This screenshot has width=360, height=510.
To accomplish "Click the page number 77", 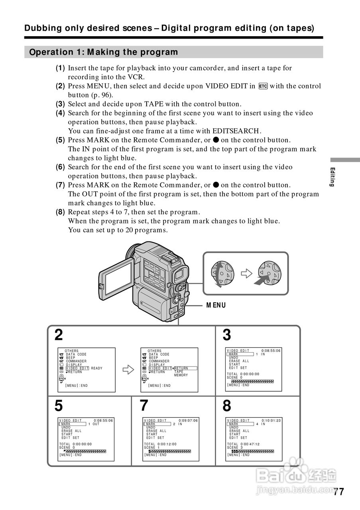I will (338, 492).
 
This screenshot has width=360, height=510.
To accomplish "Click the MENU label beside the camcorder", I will (216, 305).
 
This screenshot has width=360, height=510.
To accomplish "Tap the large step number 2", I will (59, 335).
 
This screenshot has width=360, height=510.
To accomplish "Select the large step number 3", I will (226, 335).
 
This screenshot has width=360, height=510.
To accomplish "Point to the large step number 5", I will (59, 406).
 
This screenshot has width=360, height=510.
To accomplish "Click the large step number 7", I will (144, 406).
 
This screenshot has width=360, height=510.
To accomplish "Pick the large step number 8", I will (226, 406).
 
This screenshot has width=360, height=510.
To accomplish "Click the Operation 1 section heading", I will (104, 52).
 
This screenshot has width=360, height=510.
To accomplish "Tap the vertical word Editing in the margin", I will (332, 177).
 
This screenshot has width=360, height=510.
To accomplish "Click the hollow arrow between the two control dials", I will (247, 273).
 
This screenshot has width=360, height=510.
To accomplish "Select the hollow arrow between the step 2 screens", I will (128, 370).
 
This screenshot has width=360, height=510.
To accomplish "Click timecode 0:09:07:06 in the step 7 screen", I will (188, 421).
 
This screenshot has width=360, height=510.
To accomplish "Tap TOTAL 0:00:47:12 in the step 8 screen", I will (243, 444).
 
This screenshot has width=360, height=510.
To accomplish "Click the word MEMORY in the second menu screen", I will (181, 375).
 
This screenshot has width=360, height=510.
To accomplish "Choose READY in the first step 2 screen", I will (96, 369).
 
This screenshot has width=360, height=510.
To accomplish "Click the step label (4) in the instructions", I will (60, 113).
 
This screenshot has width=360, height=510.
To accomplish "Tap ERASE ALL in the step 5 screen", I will (71, 431).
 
